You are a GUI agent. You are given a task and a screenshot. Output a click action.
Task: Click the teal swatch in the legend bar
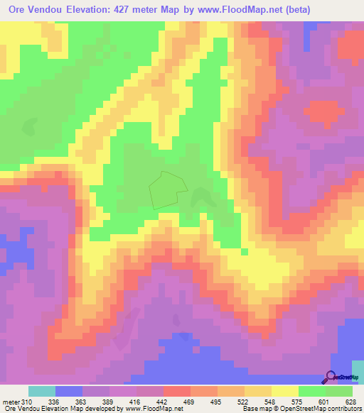(41, 392)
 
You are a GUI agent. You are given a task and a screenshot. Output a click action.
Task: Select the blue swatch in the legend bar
(68, 392)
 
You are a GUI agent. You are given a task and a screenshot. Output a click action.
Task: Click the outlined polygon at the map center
(167, 189)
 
